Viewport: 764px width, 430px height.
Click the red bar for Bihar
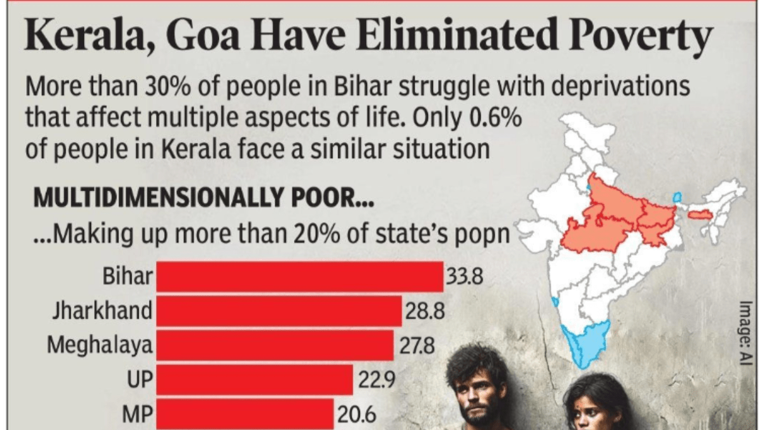(x=299, y=277)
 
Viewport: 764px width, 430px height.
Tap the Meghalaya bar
(x=274, y=346)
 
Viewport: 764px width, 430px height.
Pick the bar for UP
(x=254, y=380)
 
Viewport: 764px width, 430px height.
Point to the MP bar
(x=244, y=414)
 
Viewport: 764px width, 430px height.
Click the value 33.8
(x=465, y=278)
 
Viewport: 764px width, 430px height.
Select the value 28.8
(x=424, y=312)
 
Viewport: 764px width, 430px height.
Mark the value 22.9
(x=377, y=381)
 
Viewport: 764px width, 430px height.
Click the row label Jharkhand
(x=103, y=312)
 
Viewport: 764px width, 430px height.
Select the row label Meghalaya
(x=100, y=346)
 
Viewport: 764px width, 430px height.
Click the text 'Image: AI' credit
(x=746, y=331)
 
